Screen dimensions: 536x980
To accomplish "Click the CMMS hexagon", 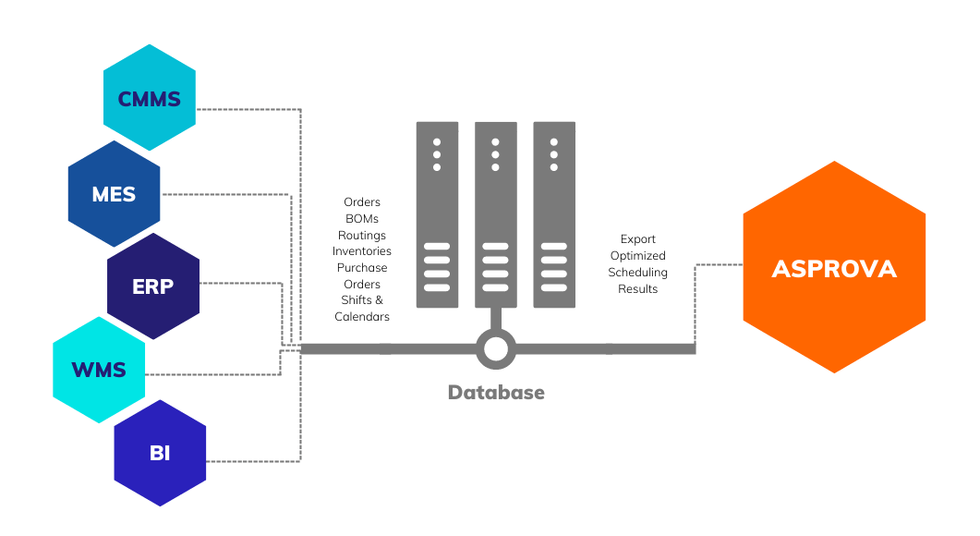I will tap(150, 98).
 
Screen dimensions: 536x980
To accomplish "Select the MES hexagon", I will tap(114, 194).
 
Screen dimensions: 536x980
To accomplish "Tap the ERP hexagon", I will tap(153, 286).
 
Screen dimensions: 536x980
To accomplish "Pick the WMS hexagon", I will tap(99, 371).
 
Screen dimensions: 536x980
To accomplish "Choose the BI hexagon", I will tap(160, 453).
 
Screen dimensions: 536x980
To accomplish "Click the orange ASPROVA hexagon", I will tap(834, 268).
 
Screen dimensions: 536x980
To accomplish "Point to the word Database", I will tap(496, 393).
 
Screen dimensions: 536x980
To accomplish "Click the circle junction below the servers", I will tap(496, 348).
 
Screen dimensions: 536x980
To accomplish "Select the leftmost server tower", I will tap(437, 214).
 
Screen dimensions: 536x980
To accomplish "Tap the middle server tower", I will tap(496, 214).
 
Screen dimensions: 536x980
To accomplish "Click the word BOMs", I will tap(362, 219).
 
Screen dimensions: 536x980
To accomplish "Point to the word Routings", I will tap(362, 236).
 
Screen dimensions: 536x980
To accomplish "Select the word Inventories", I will tap(362, 251).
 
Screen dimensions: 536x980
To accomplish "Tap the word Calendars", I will tap(362, 317).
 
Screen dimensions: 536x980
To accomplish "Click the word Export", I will tap(637, 239).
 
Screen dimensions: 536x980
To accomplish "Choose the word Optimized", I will tap(637, 256).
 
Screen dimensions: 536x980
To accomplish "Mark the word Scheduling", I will tap(637, 273).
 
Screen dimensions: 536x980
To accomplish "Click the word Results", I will tap(637, 289).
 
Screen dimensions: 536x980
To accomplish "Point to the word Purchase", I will tap(362, 268).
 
